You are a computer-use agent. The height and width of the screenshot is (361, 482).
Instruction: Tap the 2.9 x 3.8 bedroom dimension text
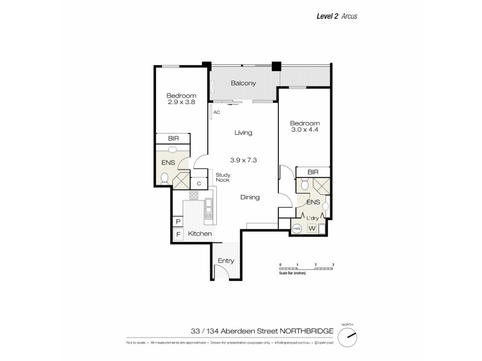[181, 102]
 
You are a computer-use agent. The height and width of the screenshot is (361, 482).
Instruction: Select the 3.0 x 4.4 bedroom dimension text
[305, 129]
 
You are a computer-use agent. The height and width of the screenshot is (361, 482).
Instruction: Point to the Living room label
[243, 132]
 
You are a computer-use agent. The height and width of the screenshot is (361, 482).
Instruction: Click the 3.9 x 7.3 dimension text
[243, 159]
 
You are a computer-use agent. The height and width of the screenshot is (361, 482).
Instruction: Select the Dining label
[250, 197]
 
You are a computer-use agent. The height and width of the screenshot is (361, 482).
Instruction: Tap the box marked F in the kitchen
[178, 235]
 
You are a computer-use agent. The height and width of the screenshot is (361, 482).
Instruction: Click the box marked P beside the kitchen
[178, 221]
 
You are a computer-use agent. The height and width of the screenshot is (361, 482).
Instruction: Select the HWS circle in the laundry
[297, 229]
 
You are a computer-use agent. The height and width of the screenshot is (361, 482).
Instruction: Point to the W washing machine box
[312, 229]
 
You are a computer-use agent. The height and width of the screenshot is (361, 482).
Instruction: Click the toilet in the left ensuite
[164, 177]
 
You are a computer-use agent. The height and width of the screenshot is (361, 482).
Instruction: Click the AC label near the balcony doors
[215, 112]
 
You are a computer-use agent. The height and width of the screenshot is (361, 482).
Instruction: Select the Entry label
[226, 261]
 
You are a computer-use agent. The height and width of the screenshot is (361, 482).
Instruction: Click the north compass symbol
[347, 337]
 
